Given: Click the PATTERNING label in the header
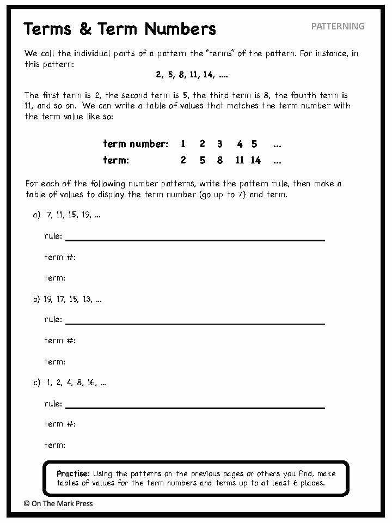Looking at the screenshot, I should tap(338, 26).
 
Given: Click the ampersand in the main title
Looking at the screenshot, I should tap(85, 29).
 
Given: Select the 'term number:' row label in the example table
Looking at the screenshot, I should tap(136, 144).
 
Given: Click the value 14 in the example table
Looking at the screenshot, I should tap(255, 161).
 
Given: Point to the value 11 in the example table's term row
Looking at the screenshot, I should tap(240, 161).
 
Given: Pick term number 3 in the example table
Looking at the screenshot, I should tap(219, 144).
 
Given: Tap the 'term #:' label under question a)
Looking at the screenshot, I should tap(60, 257).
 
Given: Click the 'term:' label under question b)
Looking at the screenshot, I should tap(54, 362).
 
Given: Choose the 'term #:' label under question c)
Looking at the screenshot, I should tap(60, 424).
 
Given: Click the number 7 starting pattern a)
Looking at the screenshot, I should tap(49, 215).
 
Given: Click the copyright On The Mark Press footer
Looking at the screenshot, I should tap(58, 503).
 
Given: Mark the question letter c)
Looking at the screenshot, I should tap(37, 383).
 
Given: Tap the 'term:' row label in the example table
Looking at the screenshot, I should tap(116, 161).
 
